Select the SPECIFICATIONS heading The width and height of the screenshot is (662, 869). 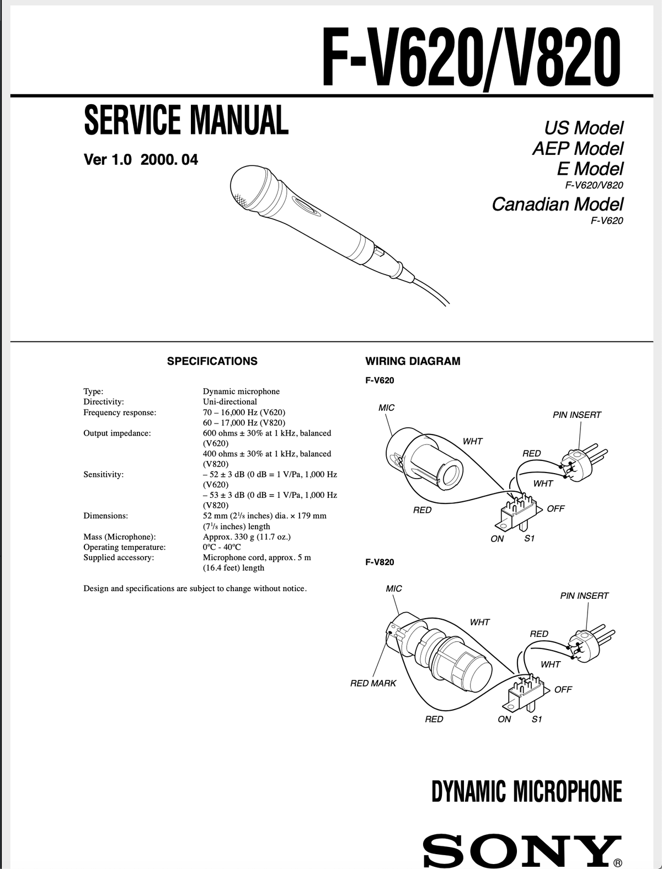[x=212, y=361]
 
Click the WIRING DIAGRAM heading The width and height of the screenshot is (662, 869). [x=413, y=361]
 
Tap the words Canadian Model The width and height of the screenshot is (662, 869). [x=557, y=204]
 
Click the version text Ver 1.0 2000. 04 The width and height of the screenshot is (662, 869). [x=141, y=160]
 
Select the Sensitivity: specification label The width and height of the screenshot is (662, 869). [x=103, y=474]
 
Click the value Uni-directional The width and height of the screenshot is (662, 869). [x=229, y=401]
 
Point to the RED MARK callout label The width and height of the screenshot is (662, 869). [x=373, y=683]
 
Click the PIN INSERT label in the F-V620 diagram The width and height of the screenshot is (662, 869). [x=576, y=415]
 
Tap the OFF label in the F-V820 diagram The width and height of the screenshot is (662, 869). [x=563, y=689]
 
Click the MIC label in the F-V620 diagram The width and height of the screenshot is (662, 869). [x=386, y=407]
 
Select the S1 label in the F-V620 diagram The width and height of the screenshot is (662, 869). [x=528, y=539]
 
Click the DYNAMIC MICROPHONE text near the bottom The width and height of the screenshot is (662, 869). [x=526, y=791]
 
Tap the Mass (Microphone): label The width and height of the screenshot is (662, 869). [x=119, y=537]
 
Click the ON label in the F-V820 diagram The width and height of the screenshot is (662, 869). [x=504, y=719]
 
